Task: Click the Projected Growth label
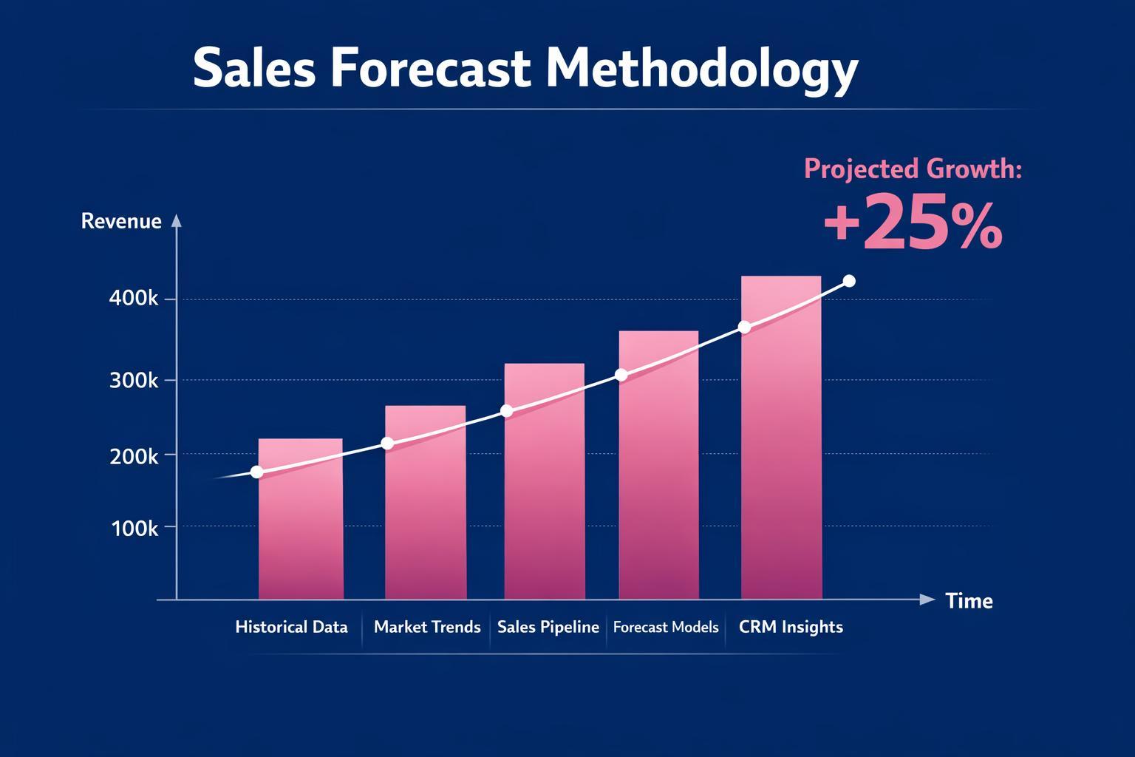tap(913, 169)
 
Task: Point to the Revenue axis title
tap(121, 221)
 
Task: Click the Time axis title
tap(969, 600)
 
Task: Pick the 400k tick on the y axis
tap(134, 299)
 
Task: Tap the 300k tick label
tap(134, 380)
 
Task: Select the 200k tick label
tap(134, 456)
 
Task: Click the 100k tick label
tap(134, 529)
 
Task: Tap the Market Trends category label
tap(427, 627)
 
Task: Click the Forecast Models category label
tap(666, 627)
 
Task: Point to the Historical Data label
tap(291, 627)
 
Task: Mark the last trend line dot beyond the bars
tap(849, 281)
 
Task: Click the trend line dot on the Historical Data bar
tap(256, 472)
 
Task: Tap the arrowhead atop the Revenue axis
tap(176, 220)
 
